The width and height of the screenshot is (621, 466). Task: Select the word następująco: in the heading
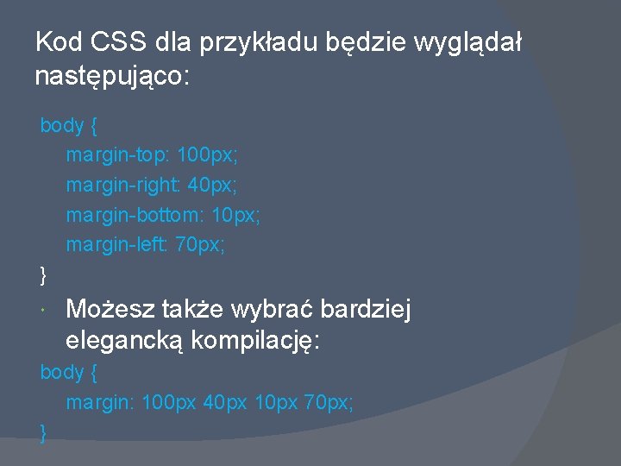tap(112, 77)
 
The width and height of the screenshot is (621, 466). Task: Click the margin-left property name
tap(117, 245)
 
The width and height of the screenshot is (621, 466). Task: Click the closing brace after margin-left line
tap(44, 275)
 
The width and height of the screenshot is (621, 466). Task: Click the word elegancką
tap(124, 341)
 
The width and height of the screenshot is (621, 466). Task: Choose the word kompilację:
tap(255, 341)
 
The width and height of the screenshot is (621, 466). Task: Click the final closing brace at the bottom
tap(44, 432)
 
